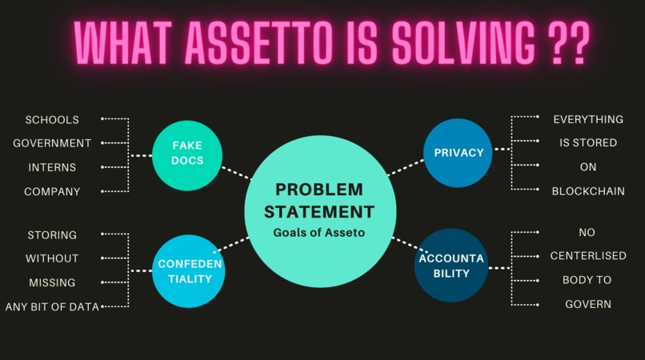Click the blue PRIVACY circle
[459, 153]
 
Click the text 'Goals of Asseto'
[318, 232]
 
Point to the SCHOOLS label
[52, 120]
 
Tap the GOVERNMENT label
[52, 143]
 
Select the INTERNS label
[52, 167]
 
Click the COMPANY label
[52, 191]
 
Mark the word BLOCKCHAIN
[588, 191]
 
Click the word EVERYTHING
[588, 119]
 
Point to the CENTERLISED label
[588, 256]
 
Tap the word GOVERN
[588, 304]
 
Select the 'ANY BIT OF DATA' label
[52, 306]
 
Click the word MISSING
[52, 282]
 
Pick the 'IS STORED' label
[588, 143]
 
